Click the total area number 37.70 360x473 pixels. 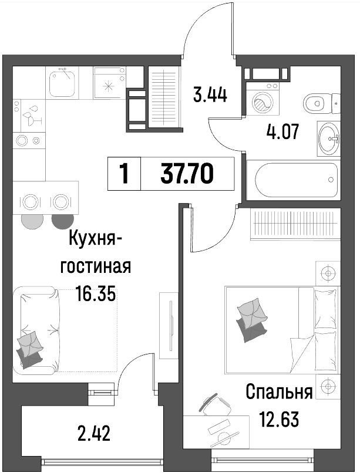(187, 174)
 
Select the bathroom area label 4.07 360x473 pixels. (282, 131)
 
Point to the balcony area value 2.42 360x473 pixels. (93, 433)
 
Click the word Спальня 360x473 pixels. (278, 392)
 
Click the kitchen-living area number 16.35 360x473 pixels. (95, 294)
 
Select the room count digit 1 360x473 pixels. (124, 174)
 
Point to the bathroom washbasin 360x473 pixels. (329, 138)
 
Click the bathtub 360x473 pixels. (293, 180)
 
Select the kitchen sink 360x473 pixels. (62, 82)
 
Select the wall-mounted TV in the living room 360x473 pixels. (171, 326)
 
